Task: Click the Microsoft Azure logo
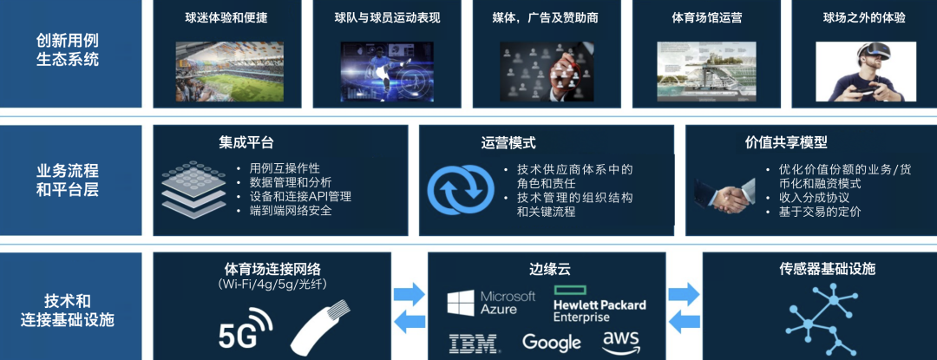pos(491,303)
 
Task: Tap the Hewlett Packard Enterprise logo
pos(600,304)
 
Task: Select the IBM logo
pos(474,343)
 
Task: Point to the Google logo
pos(551,342)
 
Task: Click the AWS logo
pos(621,341)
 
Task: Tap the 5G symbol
pos(245,329)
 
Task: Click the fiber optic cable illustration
pos(321,329)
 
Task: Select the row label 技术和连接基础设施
pos(68,310)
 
